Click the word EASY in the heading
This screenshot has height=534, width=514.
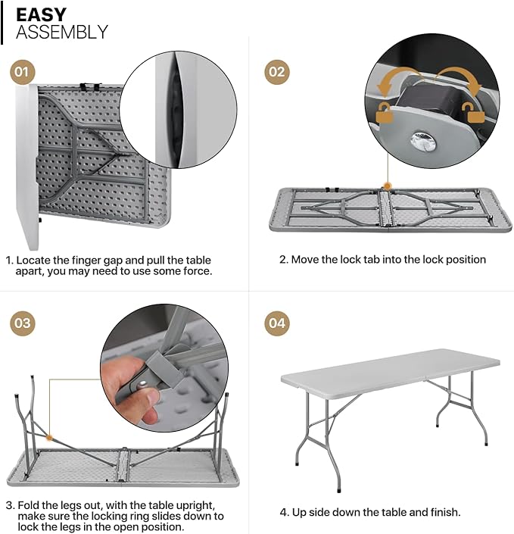(x=42, y=14)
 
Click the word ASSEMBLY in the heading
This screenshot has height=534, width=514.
(x=62, y=33)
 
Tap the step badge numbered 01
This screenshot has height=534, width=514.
(x=23, y=73)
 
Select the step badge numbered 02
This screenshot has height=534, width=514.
(x=277, y=73)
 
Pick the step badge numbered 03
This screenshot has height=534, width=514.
(x=23, y=323)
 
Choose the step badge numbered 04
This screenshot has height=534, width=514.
(x=277, y=323)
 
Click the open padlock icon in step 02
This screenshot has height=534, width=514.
(x=475, y=114)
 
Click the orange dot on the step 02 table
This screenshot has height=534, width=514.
(x=388, y=185)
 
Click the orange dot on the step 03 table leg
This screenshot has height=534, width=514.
(x=48, y=436)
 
